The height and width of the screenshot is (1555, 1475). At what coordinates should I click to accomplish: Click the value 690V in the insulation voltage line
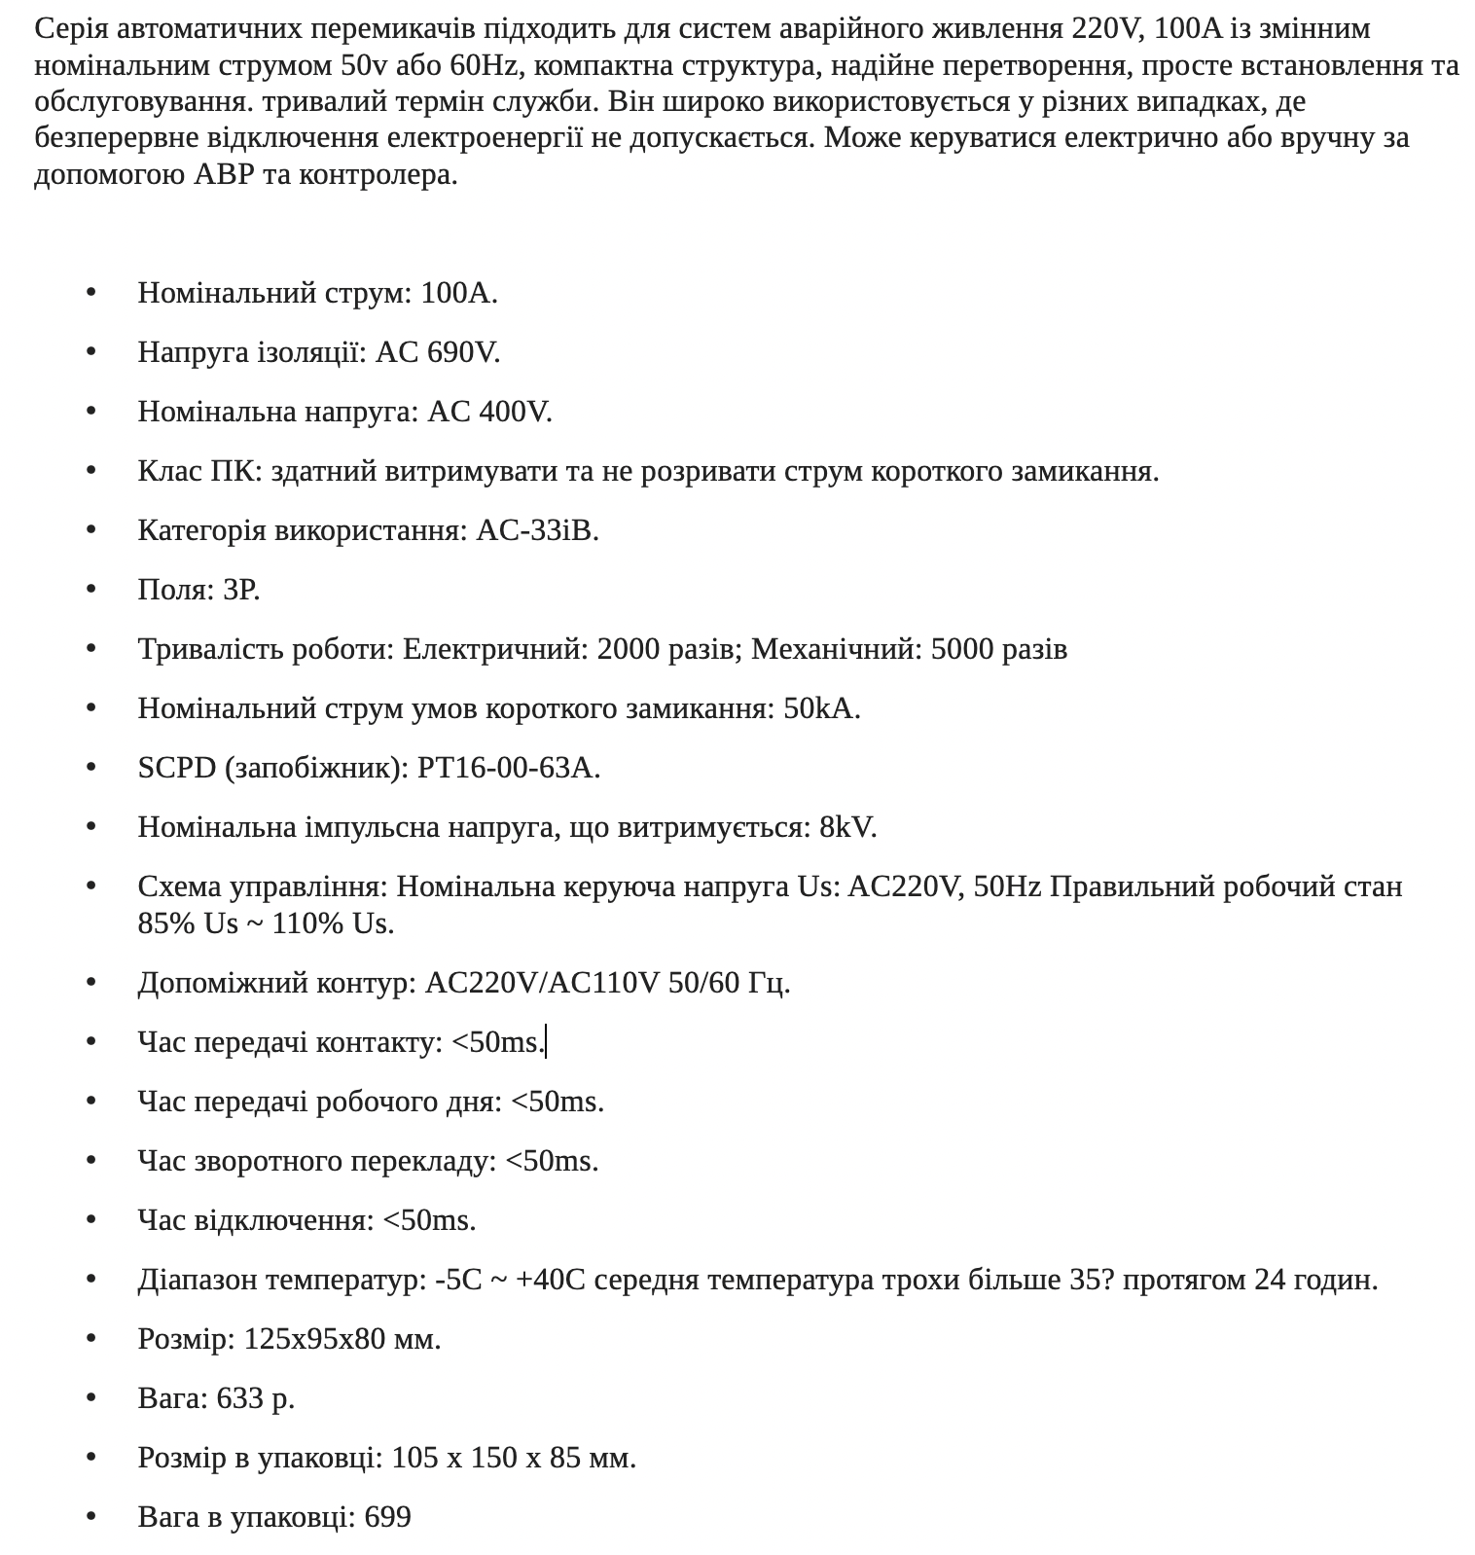pyautogui.click(x=463, y=352)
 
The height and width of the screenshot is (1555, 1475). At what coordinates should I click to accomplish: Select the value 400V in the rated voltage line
pyautogui.click(x=515, y=412)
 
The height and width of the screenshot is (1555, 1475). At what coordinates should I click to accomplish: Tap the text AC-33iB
pyautogui.click(x=537, y=530)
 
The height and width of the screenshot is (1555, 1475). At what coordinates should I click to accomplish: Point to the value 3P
pyautogui.click(x=241, y=590)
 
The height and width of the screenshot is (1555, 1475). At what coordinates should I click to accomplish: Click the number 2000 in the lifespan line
pyautogui.click(x=630, y=649)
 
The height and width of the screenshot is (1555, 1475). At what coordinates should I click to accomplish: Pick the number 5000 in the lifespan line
pyautogui.click(x=963, y=649)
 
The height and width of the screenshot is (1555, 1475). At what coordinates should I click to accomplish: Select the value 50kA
pyautogui.click(x=821, y=708)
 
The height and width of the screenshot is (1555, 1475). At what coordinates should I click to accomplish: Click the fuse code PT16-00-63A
pyautogui.click(x=508, y=768)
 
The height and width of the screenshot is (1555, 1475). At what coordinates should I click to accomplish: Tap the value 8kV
pyautogui.click(x=847, y=827)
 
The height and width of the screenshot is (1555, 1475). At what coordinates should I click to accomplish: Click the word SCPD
pyautogui.click(x=177, y=768)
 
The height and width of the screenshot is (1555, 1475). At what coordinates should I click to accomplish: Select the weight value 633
pyautogui.click(x=240, y=1398)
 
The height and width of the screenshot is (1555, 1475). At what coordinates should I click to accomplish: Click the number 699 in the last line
pyautogui.click(x=387, y=1517)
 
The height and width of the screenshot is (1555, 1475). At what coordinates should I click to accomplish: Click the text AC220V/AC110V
pyautogui.click(x=543, y=983)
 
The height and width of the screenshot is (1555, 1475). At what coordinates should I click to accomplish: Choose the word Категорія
pyautogui.click(x=201, y=530)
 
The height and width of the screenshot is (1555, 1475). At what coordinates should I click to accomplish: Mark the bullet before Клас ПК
pyautogui.click(x=92, y=471)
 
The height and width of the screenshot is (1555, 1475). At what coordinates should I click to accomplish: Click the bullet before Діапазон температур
pyautogui.click(x=92, y=1280)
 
